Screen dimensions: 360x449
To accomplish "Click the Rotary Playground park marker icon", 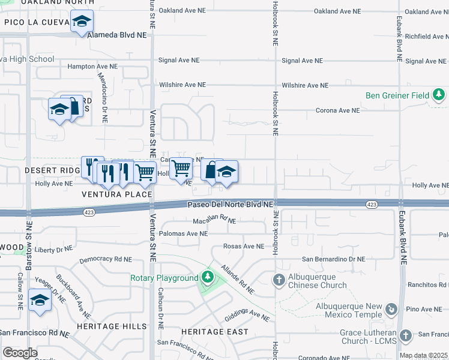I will pos(207,277).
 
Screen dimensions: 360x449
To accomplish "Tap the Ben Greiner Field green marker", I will pos(439,95).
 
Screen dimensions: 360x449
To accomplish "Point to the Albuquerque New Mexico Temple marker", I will pos(391,309).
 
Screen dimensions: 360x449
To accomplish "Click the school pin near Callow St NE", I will pos(40,300).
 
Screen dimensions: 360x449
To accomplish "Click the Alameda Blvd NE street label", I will pos(117,35).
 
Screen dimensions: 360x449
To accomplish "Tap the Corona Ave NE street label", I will pos(338,110).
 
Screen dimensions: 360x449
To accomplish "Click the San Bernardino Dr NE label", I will pos(333,259).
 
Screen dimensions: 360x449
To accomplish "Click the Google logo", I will pos(20,353).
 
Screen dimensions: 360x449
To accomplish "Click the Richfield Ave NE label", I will pos(426,37).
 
